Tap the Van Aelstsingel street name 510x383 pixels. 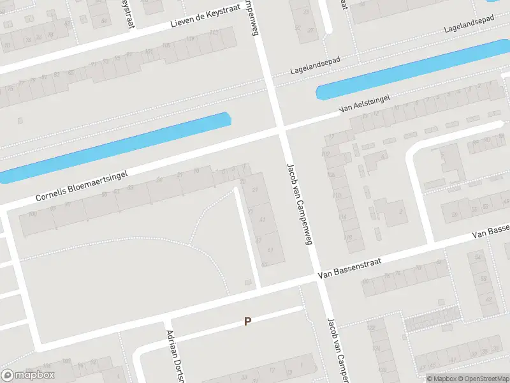(365, 104)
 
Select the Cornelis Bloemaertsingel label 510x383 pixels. (82, 185)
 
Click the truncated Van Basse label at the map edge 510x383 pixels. (491, 231)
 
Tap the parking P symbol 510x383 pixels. (247, 322)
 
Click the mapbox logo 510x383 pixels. (28, 375)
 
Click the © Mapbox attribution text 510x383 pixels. (441, 379)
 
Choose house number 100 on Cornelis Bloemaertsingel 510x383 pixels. (32, 214)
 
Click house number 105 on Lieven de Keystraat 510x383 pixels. (167, 46)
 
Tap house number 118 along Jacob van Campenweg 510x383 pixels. (348, 238)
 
